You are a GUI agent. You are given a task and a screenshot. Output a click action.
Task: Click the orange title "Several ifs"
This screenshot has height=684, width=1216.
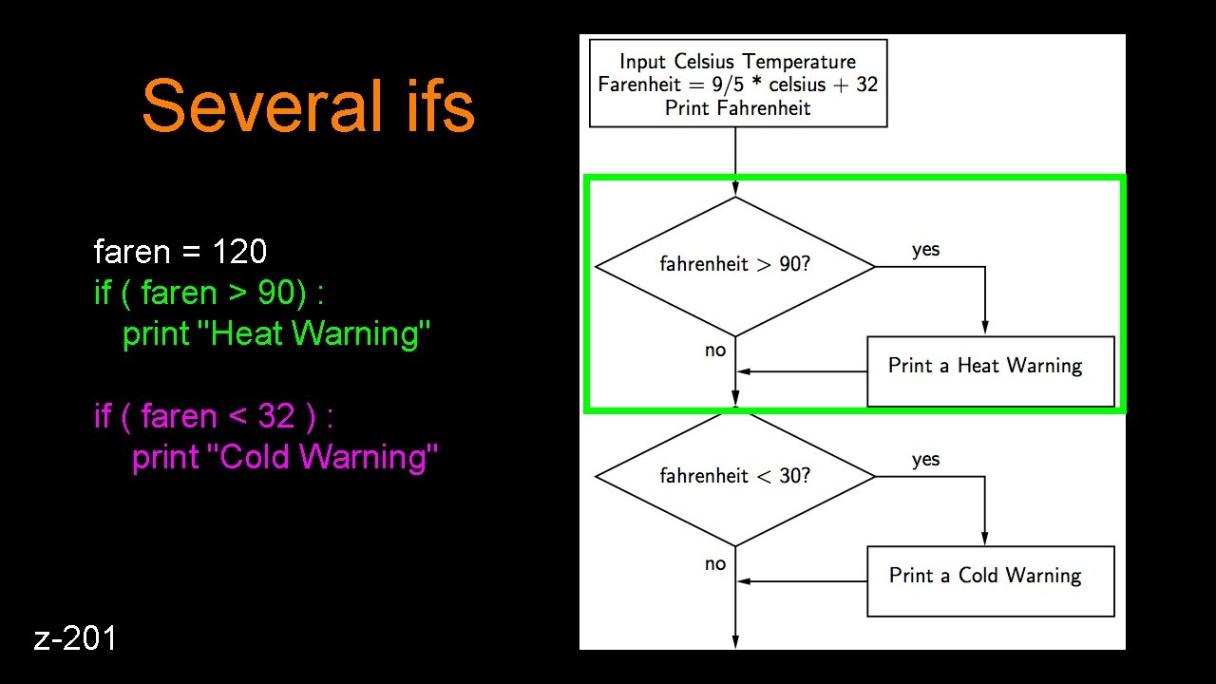[308, 105]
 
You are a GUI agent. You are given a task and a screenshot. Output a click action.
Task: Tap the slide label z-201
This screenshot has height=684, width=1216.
[76, 638]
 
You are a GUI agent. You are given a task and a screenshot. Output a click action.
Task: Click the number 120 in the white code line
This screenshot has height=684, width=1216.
[238, 252]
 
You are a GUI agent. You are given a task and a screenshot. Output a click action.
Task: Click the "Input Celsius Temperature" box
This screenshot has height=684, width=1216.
[738, 83]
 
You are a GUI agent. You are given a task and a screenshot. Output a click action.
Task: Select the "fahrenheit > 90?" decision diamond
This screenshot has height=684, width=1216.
[734, 266]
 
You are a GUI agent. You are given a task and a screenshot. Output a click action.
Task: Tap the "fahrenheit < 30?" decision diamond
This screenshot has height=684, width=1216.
[734, 476]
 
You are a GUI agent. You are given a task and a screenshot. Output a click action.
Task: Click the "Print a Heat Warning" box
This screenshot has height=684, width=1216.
[990, 370]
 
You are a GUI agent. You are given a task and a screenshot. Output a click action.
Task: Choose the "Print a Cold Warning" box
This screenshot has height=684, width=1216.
[990, 580]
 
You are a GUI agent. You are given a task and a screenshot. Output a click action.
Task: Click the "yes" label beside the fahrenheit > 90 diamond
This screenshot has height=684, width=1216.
[925, 250]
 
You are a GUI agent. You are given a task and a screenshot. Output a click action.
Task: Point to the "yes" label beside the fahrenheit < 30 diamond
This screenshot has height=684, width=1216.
[925, 460]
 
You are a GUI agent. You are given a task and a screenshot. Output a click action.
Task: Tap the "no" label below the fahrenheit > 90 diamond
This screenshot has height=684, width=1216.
[715, 351]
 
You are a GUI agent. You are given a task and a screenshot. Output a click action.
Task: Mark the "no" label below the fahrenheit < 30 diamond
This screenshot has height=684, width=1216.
[715, 563]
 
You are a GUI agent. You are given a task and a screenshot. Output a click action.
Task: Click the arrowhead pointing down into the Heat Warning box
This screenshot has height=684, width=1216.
[985, 329]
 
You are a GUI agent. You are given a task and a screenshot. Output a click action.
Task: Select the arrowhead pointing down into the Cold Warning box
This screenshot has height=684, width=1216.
[985, 539]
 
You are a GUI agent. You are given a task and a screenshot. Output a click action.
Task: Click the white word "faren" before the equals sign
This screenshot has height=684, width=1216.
[132, 252]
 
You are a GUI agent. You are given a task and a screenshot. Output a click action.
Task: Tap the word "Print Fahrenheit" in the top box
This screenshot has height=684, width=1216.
[738, 107]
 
